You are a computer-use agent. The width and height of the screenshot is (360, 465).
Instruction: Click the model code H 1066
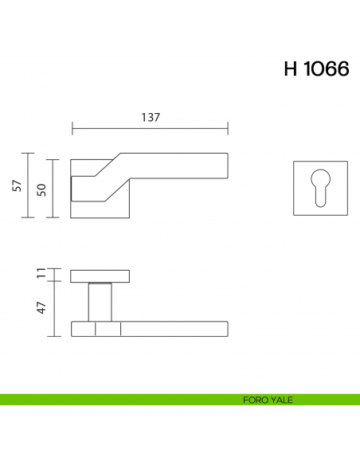click(x=315, y=69)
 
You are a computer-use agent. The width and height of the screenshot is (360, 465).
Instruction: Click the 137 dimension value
click(x=151, y=117)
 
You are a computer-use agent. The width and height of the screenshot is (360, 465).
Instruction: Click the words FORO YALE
click(x=268, y=401)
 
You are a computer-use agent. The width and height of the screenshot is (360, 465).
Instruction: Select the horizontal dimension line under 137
click(x=151, y=127)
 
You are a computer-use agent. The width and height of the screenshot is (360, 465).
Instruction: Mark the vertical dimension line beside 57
click(x=29, y=186)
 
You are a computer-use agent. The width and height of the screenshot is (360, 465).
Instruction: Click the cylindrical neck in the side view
click(x=100, y=303)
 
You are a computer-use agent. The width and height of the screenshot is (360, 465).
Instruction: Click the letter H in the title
click(x=291, y=69)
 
